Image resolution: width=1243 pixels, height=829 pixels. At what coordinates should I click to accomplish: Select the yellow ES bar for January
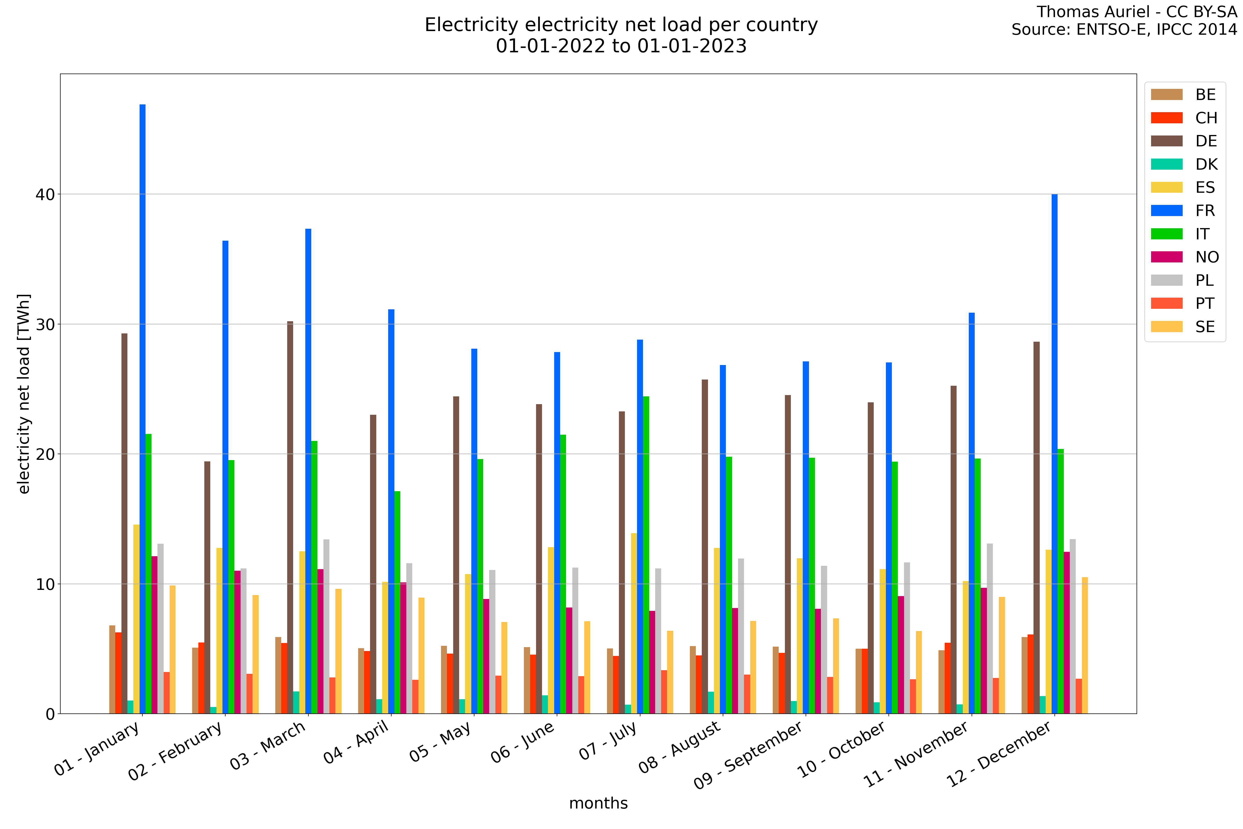point(136,619)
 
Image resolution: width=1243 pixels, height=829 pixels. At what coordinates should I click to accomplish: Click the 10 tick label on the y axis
point(46,584)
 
